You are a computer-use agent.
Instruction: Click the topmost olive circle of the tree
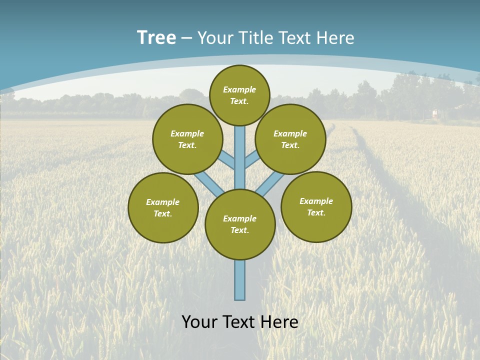239,95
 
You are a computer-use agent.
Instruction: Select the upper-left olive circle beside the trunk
187,139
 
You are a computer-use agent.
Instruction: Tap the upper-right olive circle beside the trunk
290,139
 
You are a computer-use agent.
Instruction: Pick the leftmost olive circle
163,207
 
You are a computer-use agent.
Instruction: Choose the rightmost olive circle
316,206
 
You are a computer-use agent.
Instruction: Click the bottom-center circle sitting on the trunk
240,224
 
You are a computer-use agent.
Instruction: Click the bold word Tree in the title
156,37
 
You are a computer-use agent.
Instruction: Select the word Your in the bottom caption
200,322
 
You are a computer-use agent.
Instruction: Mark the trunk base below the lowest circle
240,280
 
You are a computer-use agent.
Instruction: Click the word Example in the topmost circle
239,89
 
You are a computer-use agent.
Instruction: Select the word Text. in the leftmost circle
163,213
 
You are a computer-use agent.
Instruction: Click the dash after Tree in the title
186,38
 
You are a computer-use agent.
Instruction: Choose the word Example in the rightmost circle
316,201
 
